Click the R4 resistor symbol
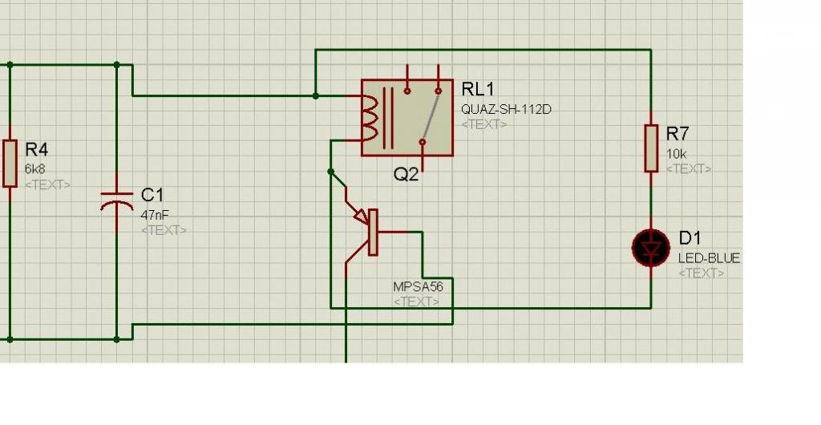[x=10, y=163]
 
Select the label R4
[x=37, y=149]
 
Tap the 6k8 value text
[x=34, y=169]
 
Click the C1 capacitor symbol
[x=117, y=200]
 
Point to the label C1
[x=152, y=195]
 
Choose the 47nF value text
[x=154, y=215]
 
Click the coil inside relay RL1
[x=370, y=117]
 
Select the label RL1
[x=479, y=88]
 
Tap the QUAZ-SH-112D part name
[x=506, y=109]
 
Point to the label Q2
[x=406, y=174]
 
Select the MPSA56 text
[x=418, y=286]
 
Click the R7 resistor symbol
[x=651, y=148]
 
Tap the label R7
[x=677, y=133]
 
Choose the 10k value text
[x=677, y=153]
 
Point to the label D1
[x=690, y=238]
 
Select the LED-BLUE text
[x=709, y=258]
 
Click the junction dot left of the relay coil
[x=316, y=95]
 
